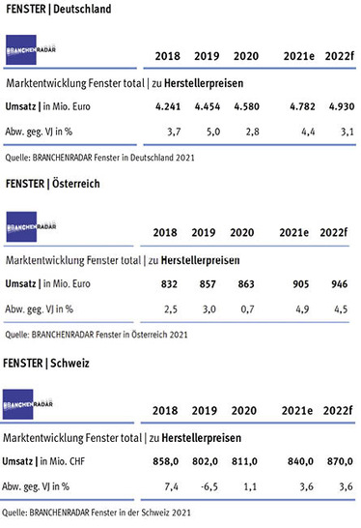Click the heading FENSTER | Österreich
click(52, 184)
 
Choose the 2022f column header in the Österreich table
click(331, 233)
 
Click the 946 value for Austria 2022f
click(331, 283)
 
